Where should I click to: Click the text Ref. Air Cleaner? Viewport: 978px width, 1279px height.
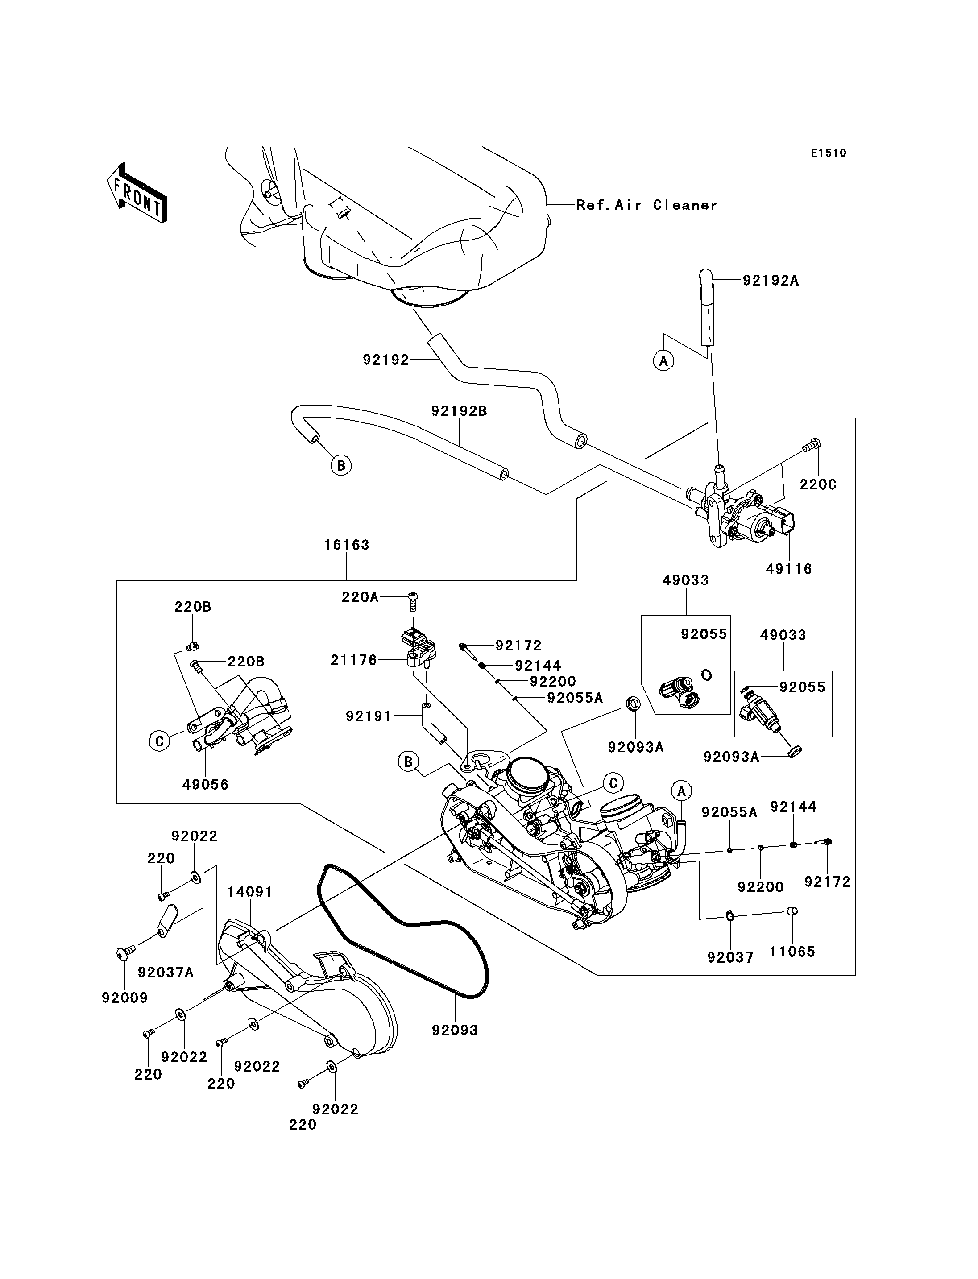tap(647, 205)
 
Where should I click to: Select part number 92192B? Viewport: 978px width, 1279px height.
tap(459, 411)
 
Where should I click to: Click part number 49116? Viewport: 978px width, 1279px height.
tap(789, 569)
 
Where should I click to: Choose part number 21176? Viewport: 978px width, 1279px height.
tap(354, 660)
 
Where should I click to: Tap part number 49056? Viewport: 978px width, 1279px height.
tap(206, 784)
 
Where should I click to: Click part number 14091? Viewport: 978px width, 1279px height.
tap(250, 892)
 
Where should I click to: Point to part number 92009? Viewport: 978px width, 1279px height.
tap(124, 997)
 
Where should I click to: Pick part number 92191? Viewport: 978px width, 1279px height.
tap(369, 716)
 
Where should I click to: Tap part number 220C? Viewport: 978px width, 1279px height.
tap(818, 484)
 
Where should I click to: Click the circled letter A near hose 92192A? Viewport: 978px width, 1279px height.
tap(663, 361)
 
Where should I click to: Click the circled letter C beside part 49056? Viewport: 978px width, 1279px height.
tap(159, 741)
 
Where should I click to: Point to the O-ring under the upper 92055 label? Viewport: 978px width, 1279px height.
tap(705, 675)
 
